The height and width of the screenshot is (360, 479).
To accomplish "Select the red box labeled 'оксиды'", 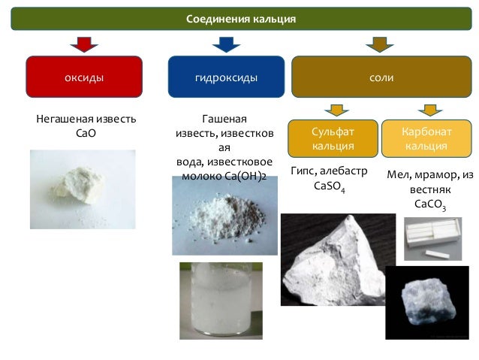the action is [x=83, y=77].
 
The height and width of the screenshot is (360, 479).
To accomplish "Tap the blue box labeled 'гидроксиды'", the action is [x=226, y=77].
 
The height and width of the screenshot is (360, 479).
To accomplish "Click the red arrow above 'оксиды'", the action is [x=83, y=44].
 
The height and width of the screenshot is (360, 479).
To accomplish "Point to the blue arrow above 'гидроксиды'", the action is [x=226, y=44].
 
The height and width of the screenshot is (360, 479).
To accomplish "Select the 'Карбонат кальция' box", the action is [x=426, y=138].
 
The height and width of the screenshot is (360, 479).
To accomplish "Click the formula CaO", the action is [x=86, y=133].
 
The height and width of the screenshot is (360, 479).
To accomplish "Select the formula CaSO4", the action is [x=331, y=185].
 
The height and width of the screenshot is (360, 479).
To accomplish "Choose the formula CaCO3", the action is [x=429, y=204].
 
